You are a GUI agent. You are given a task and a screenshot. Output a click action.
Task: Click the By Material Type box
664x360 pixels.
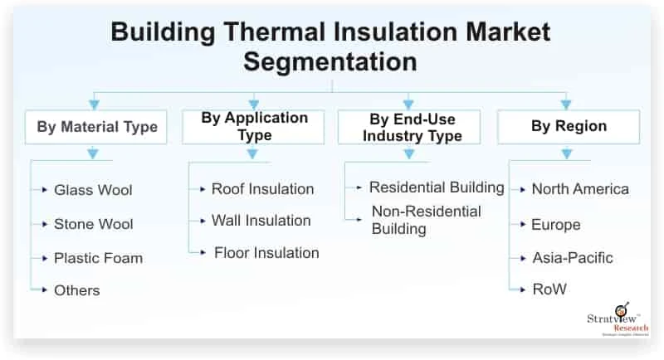click(x=96, y=128)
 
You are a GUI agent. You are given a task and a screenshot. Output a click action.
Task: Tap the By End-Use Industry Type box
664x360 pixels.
click(x=408, y=127)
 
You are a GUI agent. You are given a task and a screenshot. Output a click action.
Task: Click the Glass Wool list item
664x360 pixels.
click(x=93, y=190)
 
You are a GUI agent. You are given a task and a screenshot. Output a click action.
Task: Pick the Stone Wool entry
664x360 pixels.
click(x=93, y=224)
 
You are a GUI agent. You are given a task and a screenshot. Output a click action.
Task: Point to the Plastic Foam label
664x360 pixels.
click(x=98, y=258)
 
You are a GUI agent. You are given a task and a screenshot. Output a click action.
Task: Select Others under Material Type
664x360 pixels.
click(x=76, y=290)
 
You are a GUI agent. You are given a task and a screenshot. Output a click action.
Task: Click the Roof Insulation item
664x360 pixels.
click(x=262, y=189)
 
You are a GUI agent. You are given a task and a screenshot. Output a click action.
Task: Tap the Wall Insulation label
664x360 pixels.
click(x=261, y=221)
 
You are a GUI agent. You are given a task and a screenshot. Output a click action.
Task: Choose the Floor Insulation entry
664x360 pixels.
click(x=266, y=252)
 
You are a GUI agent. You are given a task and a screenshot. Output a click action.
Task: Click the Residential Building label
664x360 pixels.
click(x=437, y=187)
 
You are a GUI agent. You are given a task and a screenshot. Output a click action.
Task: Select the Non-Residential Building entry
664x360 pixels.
click(x=426, y=219)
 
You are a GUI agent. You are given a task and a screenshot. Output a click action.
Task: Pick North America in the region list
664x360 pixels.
click(x=580, y=189)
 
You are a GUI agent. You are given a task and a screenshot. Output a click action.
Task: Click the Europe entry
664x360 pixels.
click(x=555, y=225)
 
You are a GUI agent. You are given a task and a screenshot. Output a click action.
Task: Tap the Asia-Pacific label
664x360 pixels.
click(x=572, y=258)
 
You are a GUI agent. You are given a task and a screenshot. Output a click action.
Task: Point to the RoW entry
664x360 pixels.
click(x=549, y=290)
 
